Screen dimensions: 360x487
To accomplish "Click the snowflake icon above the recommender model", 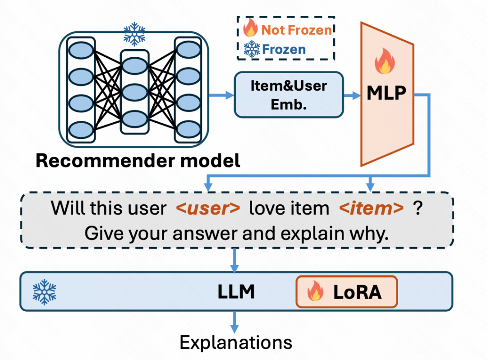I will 134,34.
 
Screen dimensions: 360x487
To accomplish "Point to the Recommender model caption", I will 138,161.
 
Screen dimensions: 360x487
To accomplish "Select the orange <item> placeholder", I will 371,208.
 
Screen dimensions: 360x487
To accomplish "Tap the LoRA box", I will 346,292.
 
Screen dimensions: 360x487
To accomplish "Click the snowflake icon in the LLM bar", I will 44,291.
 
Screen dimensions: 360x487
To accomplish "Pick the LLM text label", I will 236,292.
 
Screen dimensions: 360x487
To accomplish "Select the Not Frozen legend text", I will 297,30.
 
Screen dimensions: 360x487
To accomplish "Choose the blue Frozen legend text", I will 284,49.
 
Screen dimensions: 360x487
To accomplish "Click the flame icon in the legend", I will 250,29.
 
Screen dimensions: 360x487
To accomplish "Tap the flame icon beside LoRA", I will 316,292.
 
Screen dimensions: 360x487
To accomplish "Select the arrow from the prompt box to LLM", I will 234,260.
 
